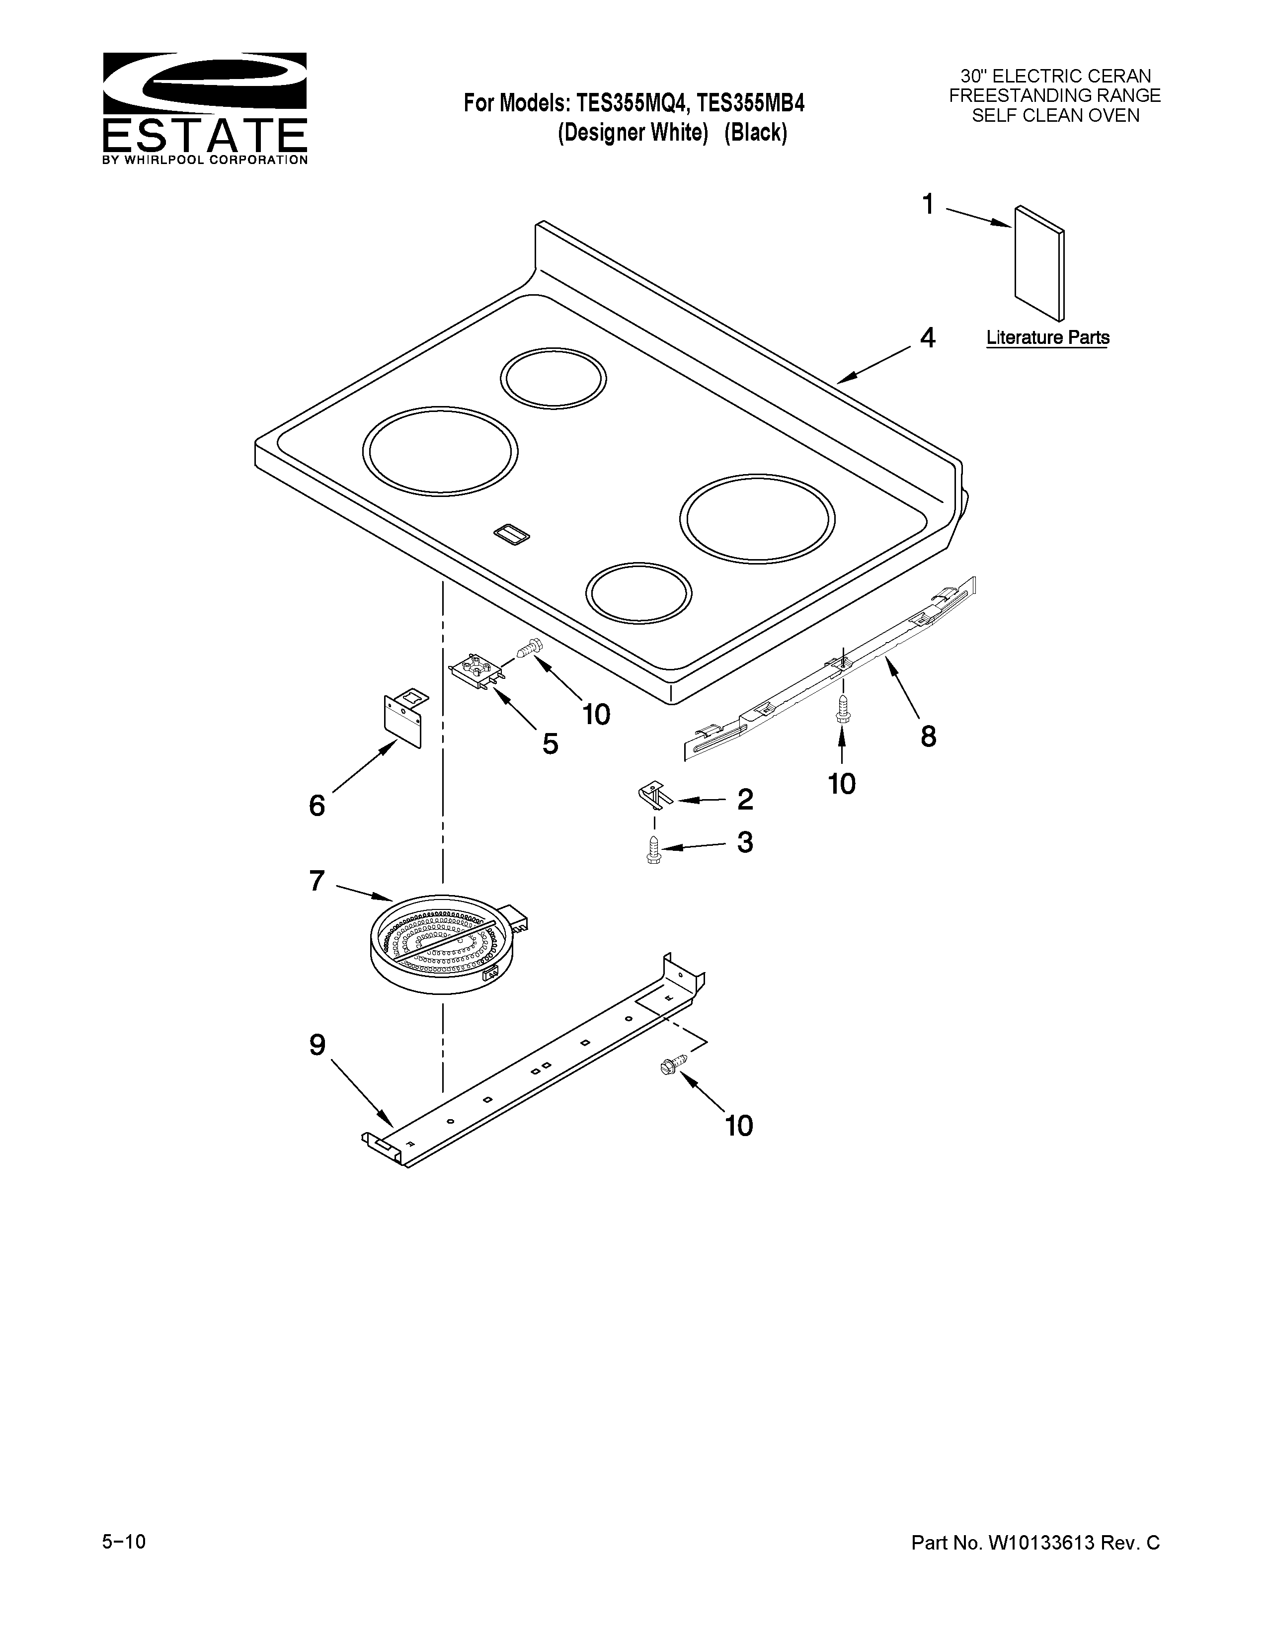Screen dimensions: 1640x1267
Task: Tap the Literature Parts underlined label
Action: pos(1047,338)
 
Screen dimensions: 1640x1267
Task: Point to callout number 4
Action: pos(928,338)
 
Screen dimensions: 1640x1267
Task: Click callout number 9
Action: pos(317,1045)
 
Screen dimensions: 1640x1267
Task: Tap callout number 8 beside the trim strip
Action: pos(928,737)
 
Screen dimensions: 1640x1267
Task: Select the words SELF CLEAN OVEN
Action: pos(1055,116)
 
